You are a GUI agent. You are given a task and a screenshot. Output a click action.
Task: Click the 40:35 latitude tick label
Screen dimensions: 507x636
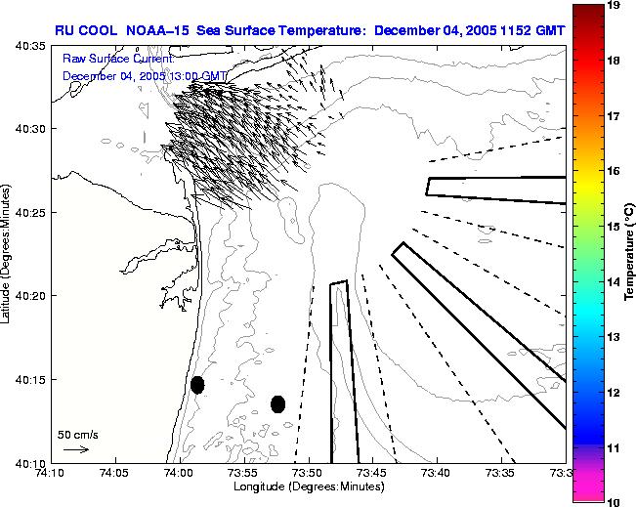(x=32, y=45)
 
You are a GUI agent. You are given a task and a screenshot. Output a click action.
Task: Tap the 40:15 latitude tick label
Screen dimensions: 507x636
(x=32, y=379)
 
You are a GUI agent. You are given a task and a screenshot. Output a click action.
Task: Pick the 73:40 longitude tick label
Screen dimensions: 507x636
(x=436, y=473)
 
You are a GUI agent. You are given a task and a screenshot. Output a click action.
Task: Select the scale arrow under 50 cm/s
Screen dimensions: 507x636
(x=76, y=449)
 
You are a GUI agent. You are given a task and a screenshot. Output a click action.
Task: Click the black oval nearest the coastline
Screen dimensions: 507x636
(x=197, y=385)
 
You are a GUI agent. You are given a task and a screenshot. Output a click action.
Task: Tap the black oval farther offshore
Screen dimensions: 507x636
(x=277, y=403)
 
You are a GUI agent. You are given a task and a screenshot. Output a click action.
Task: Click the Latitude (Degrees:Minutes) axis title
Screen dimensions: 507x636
(x=8, y=254)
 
